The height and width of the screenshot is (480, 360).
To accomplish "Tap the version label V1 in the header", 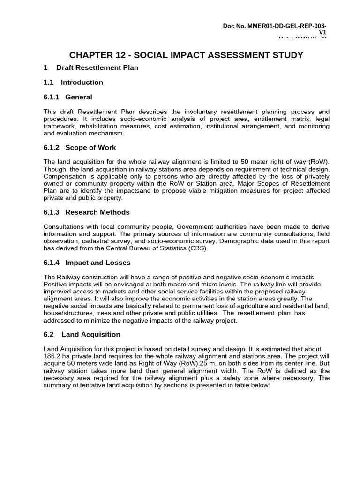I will [322, 32].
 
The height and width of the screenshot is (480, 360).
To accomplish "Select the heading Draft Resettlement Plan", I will [97, 67].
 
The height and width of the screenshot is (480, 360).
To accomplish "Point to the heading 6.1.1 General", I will [68, 97].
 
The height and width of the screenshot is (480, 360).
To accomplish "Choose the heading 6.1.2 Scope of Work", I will [80, 147].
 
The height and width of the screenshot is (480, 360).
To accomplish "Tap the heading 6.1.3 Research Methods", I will [87, 212].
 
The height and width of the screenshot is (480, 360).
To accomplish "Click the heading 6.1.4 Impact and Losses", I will [87, 262].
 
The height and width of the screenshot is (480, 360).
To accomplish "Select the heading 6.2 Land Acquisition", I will [82, 334].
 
